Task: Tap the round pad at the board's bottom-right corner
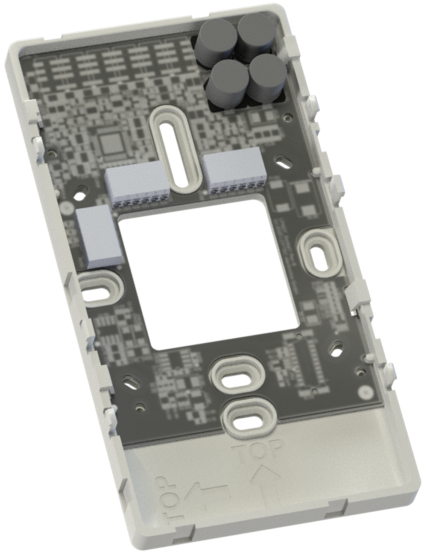[366, 392]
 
